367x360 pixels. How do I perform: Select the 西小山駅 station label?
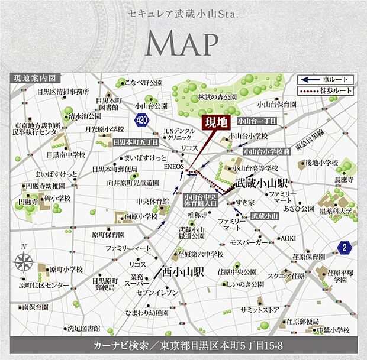184,274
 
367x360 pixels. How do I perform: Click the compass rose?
24,261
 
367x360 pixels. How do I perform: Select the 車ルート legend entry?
326,80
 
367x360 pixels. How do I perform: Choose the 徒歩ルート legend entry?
326,90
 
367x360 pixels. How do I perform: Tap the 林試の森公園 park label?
217,96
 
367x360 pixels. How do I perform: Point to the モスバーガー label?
250,242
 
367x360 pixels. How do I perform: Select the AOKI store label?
288,238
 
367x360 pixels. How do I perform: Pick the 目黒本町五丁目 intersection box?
136,142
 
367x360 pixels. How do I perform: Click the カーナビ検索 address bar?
183,345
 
